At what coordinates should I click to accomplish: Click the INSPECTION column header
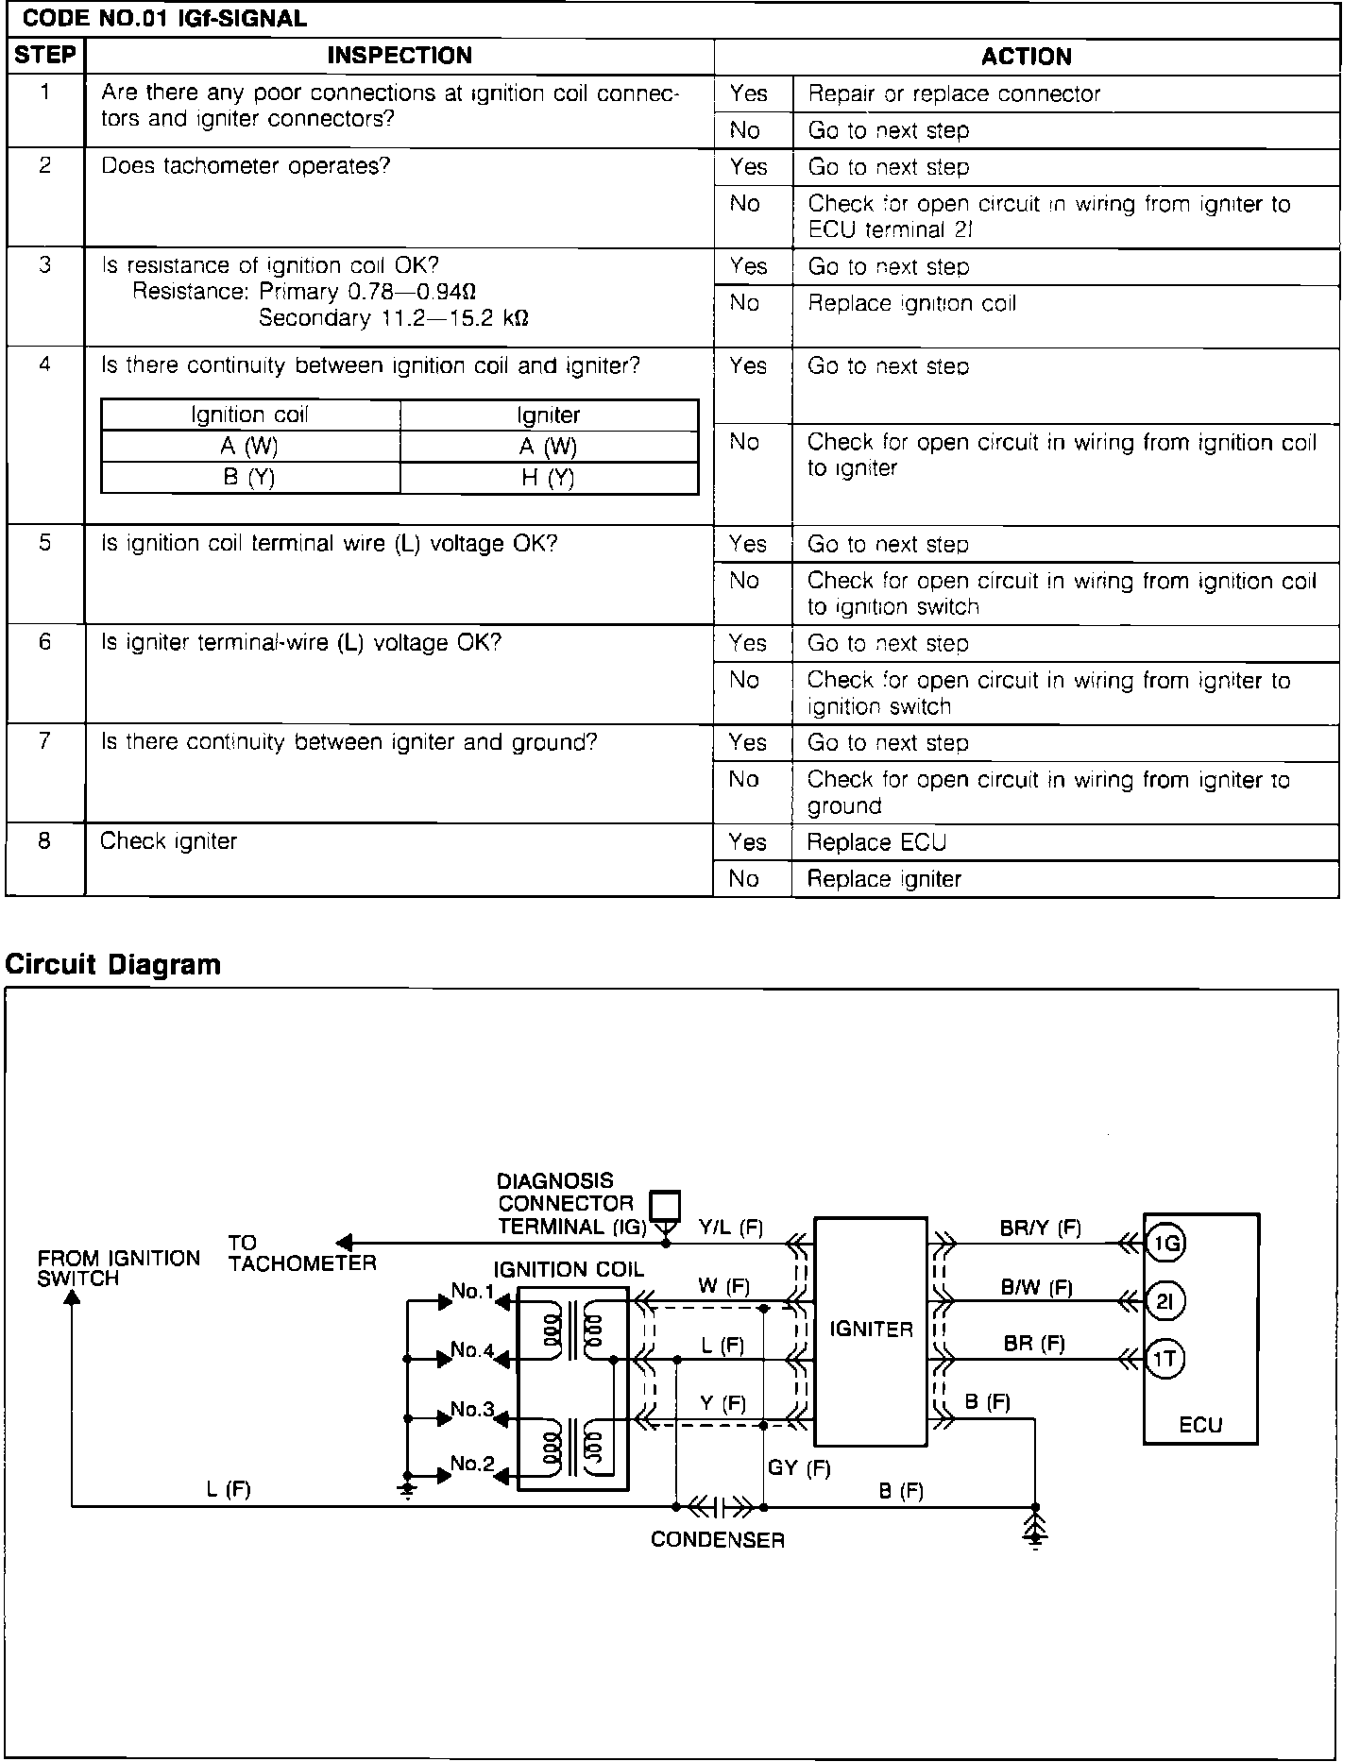pos(399,56)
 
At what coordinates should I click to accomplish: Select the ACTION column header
pos(1026,57)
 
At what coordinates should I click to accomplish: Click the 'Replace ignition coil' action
pos(911,303)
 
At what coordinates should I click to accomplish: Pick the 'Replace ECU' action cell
pos(875,842)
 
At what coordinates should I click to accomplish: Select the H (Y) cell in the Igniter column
pos(548,478)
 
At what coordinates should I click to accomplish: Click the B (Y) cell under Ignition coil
pos(249,478)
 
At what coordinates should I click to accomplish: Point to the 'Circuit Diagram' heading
pos(113,964)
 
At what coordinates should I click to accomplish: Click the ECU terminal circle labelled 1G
pos(1165,1244)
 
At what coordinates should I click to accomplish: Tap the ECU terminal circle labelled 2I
pos(1165,1302)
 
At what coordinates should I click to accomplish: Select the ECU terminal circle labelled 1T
pos(1165,1360)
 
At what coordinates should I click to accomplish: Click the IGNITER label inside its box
pos(871,1330)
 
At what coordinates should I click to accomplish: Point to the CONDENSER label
pos(718,1540)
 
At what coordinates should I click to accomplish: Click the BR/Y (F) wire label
pos(1040,1228)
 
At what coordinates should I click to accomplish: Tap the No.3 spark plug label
pos(472,1410)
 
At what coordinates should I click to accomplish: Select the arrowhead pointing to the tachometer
pos(345,1244)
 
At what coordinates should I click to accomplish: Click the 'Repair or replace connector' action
pos(954,93)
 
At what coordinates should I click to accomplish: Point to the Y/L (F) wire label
pos(731,1228)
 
